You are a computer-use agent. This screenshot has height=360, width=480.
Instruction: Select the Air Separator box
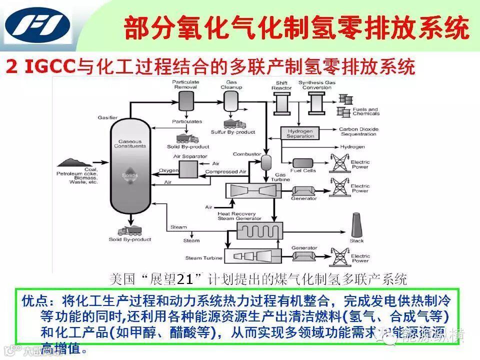tap(188, 170)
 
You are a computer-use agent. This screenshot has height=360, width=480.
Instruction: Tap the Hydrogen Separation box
tap(300, 133)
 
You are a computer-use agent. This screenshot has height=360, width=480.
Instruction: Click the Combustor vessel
tap(266, 161)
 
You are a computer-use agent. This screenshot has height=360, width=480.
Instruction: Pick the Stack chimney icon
tap(356, 226)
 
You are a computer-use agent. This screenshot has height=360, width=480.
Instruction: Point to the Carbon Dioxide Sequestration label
tap(358, 131)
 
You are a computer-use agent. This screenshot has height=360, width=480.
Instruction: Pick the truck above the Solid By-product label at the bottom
tap(128, 231)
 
